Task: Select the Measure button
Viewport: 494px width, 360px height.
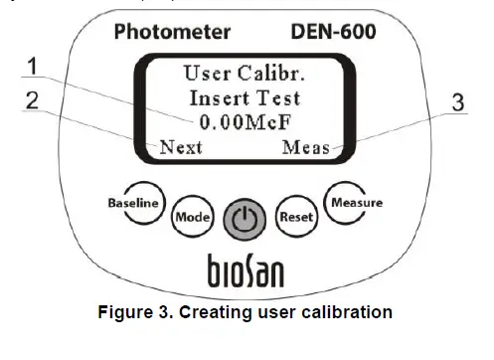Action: point(356,203)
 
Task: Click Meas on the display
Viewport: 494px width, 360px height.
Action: point(305,147)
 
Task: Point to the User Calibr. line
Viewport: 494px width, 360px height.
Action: point(243,73)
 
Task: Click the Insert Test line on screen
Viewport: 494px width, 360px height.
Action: point(243,97)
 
